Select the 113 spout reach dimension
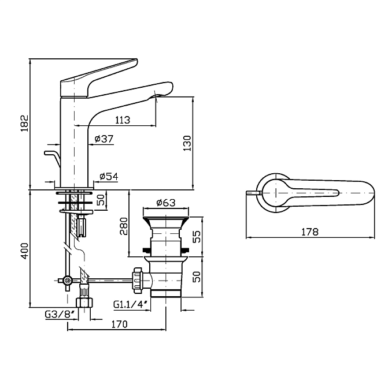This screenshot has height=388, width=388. click(122, 120)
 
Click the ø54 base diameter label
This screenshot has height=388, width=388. click(109, 176)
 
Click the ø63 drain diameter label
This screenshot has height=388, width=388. click(165, 203)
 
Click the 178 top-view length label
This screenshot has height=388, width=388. click(310, 232)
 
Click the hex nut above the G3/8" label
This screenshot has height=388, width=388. click(84, 301)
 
